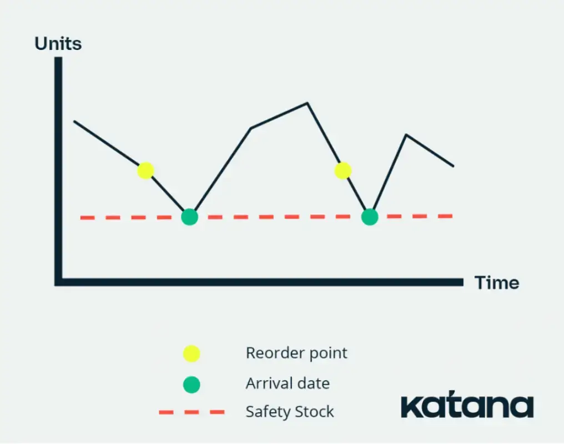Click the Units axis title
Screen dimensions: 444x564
coord(58,43)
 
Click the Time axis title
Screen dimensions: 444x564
coord(497,282)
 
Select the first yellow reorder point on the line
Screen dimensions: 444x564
coord(145,170)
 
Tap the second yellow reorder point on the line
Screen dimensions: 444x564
coord(343,170)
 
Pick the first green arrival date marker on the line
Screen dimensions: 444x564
coord(190,217)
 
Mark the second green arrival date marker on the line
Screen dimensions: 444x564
coord(370,217)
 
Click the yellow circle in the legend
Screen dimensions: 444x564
coord(192,354)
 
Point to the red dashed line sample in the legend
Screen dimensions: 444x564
coord(192,412)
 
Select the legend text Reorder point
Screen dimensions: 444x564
coord(296,353)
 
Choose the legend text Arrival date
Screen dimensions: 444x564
coord(288,384)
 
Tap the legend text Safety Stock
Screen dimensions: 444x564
coord(290,412)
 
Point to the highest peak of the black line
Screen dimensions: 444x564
coord(307,103)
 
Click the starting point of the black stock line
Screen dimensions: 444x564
coord(74,121)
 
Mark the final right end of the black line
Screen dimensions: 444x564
coord(453,166)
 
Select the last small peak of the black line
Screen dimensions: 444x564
coord(406,134)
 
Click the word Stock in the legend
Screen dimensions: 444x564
coord(314,412)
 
